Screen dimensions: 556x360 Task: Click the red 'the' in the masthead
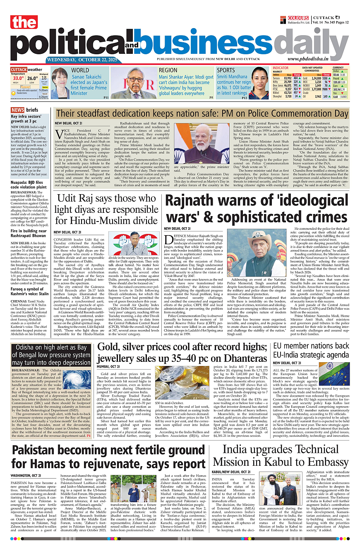point(24,23)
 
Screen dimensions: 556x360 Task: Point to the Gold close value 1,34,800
point(316,78)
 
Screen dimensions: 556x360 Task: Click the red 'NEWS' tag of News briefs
point(17,110)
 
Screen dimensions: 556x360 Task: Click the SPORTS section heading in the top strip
point(226,70)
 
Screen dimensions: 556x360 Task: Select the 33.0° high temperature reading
point(18,78)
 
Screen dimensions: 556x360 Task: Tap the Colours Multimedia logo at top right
point(294,21)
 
